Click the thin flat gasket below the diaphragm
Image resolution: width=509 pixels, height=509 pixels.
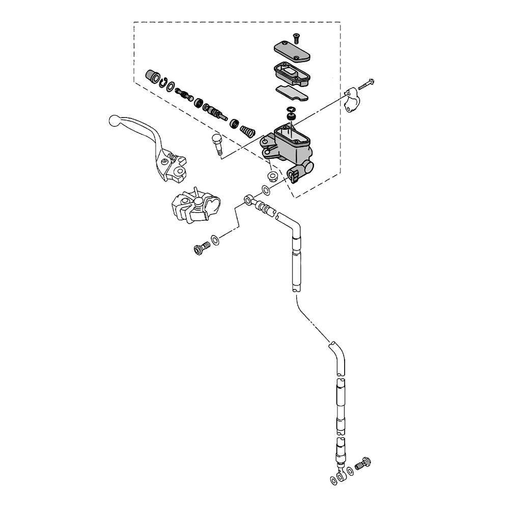pos(292,93)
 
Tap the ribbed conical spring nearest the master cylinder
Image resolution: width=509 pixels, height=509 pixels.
pos(247,131)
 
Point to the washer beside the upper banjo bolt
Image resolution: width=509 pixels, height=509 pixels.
pos(215,239)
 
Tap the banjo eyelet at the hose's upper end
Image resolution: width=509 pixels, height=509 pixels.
pos(249,200)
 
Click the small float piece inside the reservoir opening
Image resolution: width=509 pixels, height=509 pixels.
pos(291,117)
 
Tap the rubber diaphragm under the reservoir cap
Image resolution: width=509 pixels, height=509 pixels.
pos(291,72)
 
